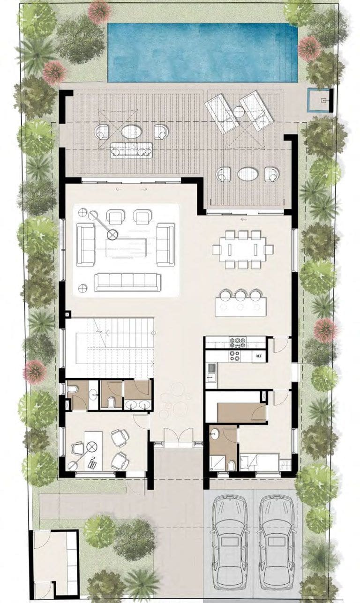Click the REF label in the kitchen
(x=258, y=356)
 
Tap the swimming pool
(x=202, y=52)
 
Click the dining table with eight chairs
(x=243, y=249)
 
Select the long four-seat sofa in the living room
(x=127, y=283)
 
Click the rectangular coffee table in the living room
(x=126, y=248)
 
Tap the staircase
(x=110, y=348)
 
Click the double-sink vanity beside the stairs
(x=138, y=405)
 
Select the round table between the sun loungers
(x=238, y=112)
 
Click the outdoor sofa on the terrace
(x=131, y=150)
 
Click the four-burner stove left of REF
(x=234, y=356)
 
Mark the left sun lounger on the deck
(x=222, y=113)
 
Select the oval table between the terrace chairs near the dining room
(x=248, y=174)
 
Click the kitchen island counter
(x=241, y=307)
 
